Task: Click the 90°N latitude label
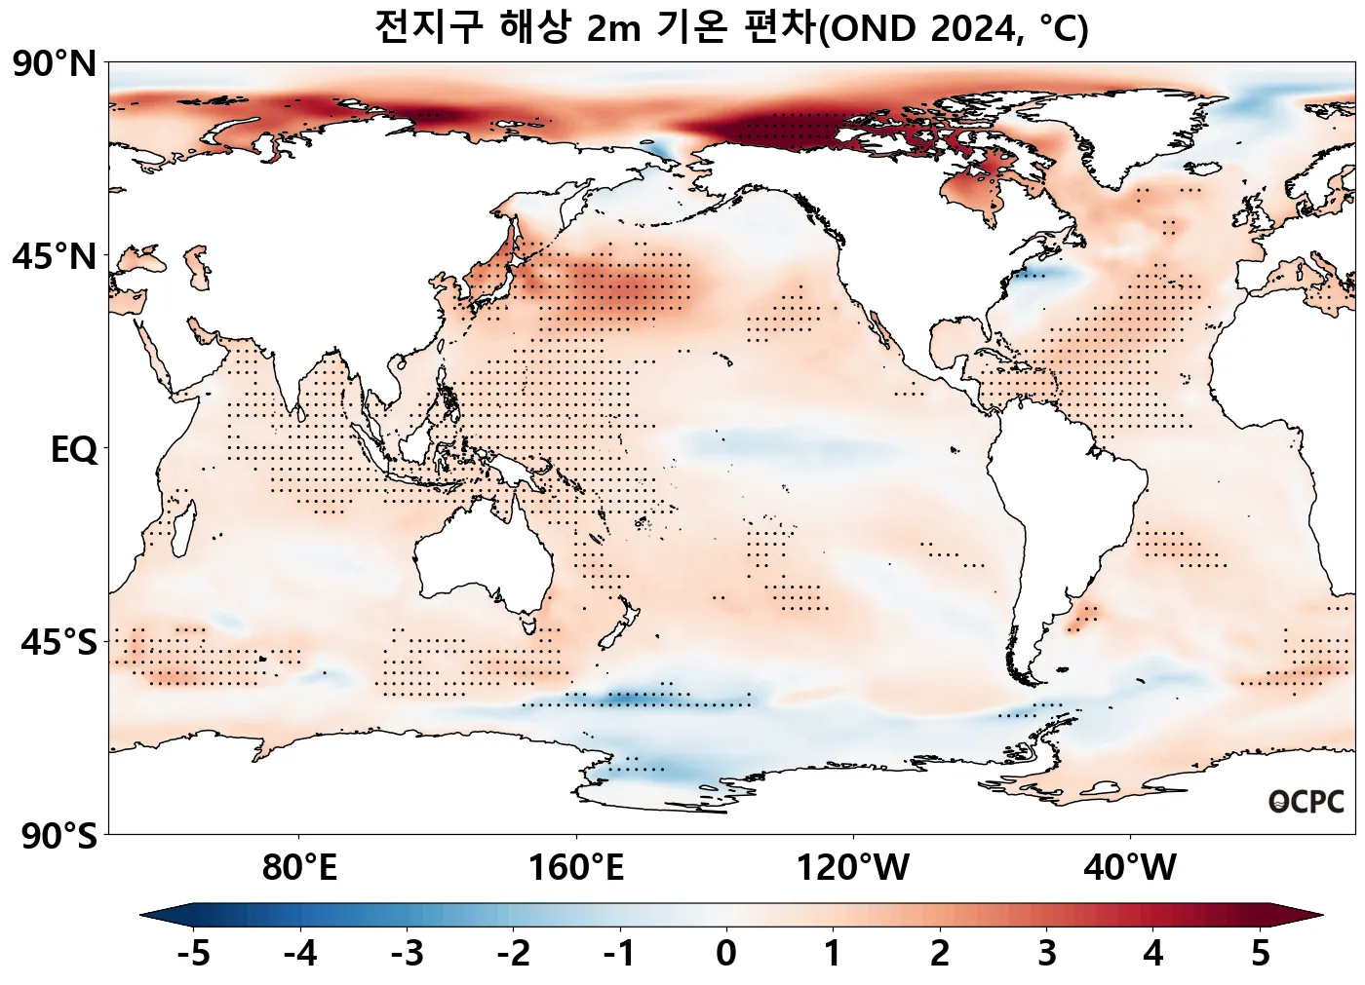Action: click(55, 64)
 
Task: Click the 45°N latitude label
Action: click(55, 257)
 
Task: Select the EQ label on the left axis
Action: click(73, 450)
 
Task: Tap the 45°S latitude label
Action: click(58, 643)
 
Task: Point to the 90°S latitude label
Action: click(58, 836)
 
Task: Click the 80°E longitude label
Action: click(299, 867)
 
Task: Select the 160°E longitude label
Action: click(576, 867)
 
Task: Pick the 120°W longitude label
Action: click(853, 867)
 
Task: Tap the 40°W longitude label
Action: click(1130, 867)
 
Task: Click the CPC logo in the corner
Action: click(1306, 802)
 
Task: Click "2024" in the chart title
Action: click(973, 29)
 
